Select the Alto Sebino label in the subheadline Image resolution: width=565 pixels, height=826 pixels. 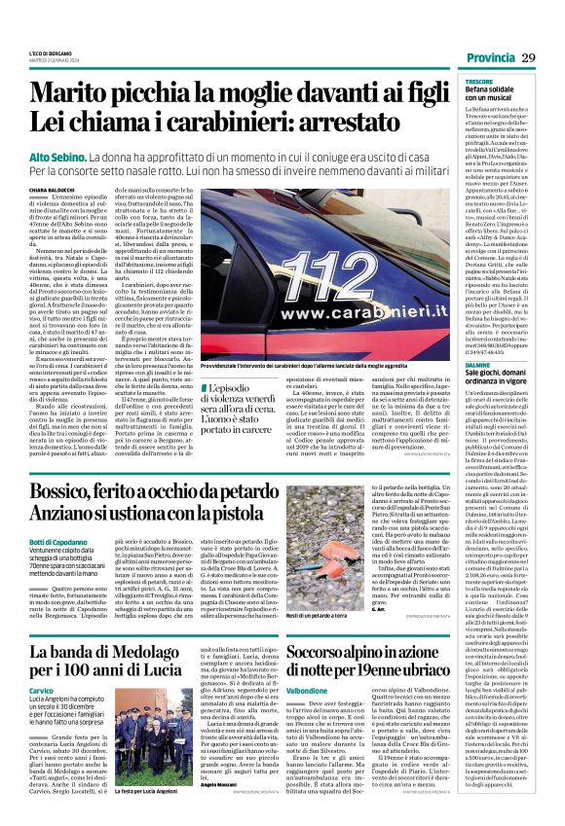click(x=58, y=157)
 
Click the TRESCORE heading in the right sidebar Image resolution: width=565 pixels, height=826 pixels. click(x=479, y=81)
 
